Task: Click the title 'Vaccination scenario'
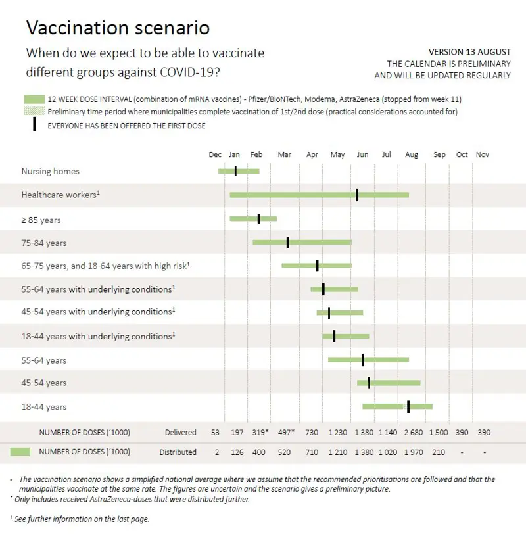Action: tap(118, 28)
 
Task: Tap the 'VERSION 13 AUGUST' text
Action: tap(469, 52)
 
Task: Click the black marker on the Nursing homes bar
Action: tap(235, 171)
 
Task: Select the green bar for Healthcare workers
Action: tap(319, 195)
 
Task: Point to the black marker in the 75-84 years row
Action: tap(287, 243)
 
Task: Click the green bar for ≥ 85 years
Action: tap(253, 219)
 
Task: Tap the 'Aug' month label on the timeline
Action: tap(412, 155)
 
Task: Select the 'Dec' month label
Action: tap(215, 155)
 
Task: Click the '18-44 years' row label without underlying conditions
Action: tap(44, 407)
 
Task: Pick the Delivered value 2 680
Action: tap(413, 433)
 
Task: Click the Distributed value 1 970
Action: tap(413, 452)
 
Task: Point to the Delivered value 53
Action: tap(215, 433)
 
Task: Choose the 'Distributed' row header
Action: tap(178, 452)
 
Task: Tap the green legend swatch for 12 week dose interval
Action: tap(34, 99)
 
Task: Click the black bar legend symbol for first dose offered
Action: tap(34, 125)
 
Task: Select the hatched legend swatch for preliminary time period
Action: tap(34, 112)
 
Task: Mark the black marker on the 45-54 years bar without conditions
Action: tap(369, 383)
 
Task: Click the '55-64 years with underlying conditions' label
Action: tap(98, 289)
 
